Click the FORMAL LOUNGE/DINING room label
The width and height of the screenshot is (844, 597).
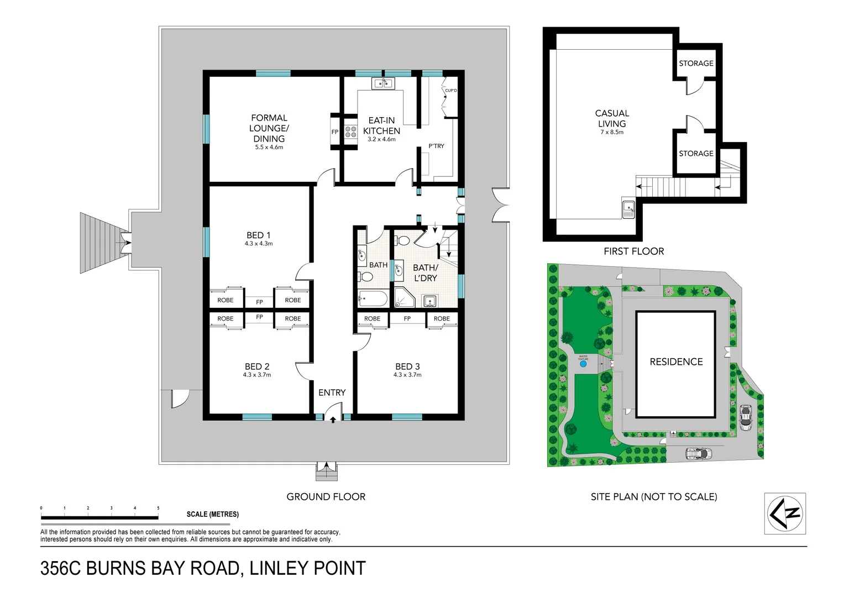[x=269, y=128]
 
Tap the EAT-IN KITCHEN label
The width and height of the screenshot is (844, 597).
[x=381, y=125]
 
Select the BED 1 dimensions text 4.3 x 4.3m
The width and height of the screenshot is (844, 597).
[x=259, y=244]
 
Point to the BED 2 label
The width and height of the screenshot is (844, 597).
[x=257, y=366]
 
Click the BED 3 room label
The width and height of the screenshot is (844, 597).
[x=407, y=366]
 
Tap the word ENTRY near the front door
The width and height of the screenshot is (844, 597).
[x=332, y=392]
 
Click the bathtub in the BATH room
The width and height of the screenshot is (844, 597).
[x=373, y=299]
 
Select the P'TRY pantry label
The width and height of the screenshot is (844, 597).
[x=436, y=146]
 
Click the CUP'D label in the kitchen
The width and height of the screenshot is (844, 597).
[x=451, y=91]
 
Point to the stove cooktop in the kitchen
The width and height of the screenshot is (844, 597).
[x=351, y=132]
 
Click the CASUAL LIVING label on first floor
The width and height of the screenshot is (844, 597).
[x=612, y=118]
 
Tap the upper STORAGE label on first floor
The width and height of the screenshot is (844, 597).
[x=696, y=64]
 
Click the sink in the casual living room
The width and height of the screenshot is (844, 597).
[x=628, y=208]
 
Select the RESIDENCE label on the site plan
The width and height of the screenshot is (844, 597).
[x=676, y=362]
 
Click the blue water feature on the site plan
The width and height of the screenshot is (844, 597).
[x=583, y=364]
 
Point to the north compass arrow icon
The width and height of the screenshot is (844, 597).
[x=785, y=514]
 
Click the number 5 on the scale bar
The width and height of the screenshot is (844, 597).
[x=158, y=508]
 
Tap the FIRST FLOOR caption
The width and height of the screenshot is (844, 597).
[x=633, y=252]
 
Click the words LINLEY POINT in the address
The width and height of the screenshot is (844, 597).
[x=307, y=569]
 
